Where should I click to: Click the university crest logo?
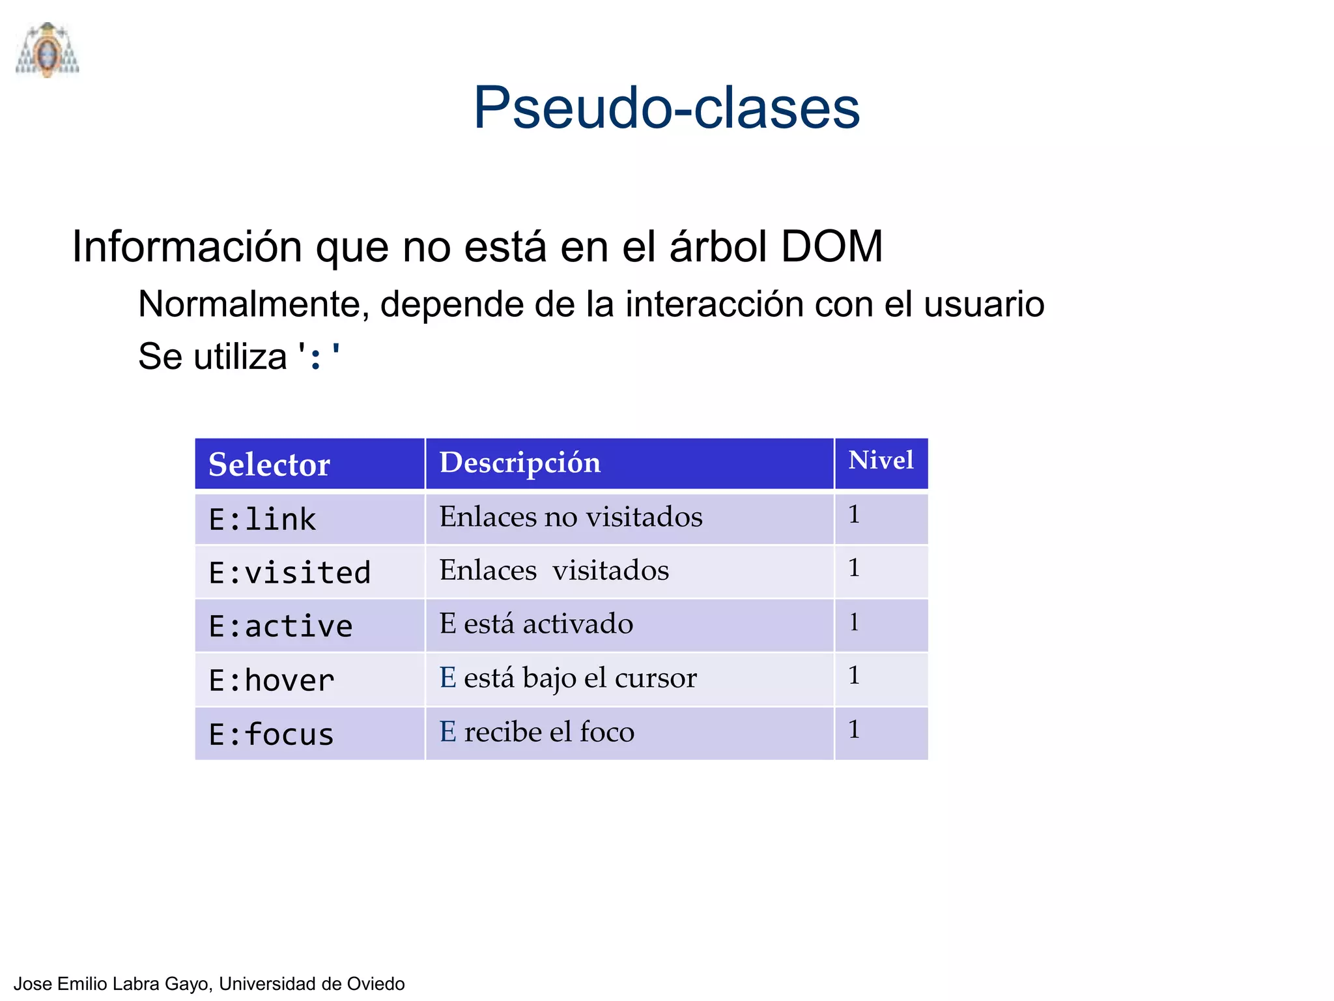coord(47,50)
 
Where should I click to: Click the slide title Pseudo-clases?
coord(666,108)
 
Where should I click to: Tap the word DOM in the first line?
coord(831,247)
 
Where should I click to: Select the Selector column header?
coord(269,465)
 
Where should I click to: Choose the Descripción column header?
coord(520,463)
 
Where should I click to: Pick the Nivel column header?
coord(881,461)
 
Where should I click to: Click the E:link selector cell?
coord(263,519)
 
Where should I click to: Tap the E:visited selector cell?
coord(290,573)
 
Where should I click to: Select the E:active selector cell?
coord(281,626)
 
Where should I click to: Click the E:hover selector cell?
coord(272,680)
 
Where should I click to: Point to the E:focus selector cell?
coord(272,734)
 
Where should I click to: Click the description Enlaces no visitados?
coord(571,517)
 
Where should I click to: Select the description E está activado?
coord(536,624)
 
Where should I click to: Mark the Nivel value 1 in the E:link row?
coord(854,515)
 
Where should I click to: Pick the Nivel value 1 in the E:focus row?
coord(854,730)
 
